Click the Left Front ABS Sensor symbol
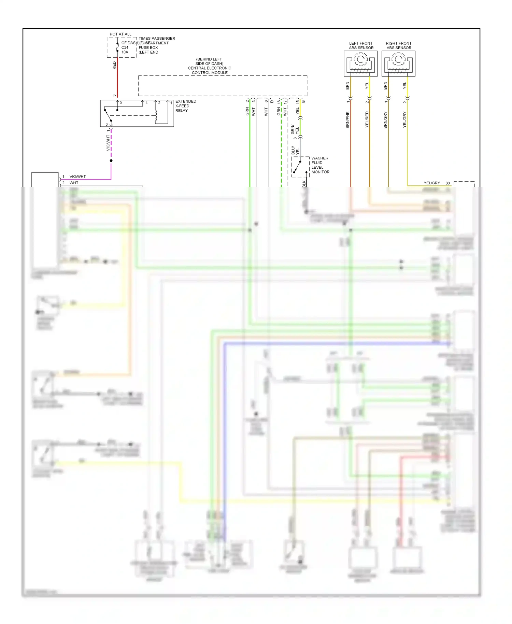pos(360,63)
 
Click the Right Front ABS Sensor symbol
pos(398,63)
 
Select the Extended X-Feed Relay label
pos(185,106)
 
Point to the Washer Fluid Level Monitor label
pos(320,165)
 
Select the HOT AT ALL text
pos(120,34)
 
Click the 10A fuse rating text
pos(125,52)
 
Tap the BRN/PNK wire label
pos(347,120)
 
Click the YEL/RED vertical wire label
pos(367,119)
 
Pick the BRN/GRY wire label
pos(385,120)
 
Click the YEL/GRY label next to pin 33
pos(431,183)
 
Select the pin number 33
pos(447,183)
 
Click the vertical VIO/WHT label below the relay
pos(108,143)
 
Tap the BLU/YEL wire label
pos(295,151)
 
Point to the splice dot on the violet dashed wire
pos(111,160)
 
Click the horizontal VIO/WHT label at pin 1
pos(77,176)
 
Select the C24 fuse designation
pos(125,47)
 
